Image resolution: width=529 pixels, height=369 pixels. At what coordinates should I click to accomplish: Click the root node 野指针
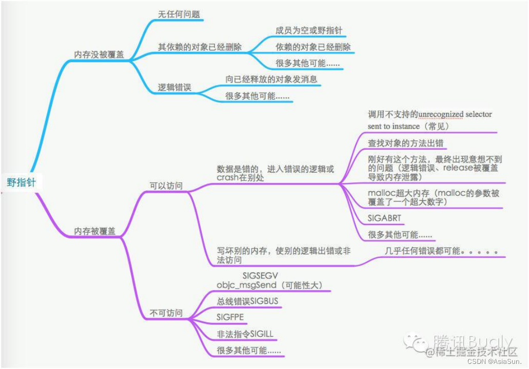pos(22,182)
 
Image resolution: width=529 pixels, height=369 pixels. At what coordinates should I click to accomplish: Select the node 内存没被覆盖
pos(99,54)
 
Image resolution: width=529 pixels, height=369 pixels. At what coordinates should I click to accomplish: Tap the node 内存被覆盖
pos(95,232)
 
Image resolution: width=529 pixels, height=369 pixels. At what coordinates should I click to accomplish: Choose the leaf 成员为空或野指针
pos(309,30)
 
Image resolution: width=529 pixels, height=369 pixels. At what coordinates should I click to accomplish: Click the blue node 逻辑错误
pos(174,88)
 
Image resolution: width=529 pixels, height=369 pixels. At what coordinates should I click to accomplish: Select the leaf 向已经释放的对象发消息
pos(271,79)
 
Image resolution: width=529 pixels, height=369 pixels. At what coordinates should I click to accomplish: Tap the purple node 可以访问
pos(166,186)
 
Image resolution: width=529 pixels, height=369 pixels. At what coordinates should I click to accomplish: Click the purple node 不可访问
pos(166,313)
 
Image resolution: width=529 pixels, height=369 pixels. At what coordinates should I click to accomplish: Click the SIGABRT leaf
pos(385,218)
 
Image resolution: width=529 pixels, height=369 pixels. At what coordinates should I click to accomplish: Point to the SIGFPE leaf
pos(230,318)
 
